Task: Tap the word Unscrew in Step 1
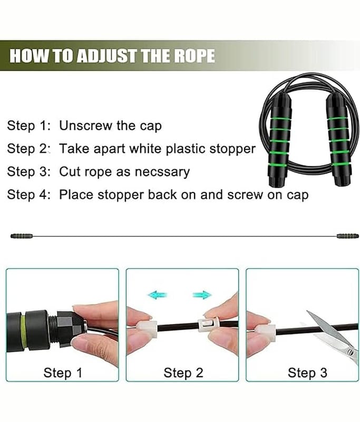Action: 86,126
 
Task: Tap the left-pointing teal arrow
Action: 158,294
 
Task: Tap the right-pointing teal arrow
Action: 202,295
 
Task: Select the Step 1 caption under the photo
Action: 63,373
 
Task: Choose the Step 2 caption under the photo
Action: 183,373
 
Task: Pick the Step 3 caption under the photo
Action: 307,373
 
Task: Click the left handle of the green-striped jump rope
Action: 279,139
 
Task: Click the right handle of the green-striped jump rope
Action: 338,139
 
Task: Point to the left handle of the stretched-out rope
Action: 22,236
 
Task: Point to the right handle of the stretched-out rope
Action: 348,236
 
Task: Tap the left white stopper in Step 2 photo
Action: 148,328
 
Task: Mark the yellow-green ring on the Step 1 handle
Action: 23,331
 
